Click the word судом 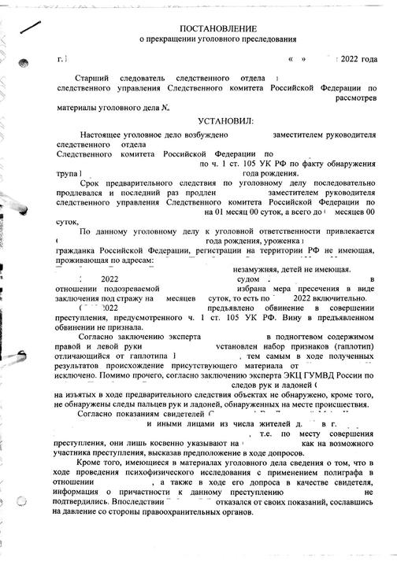pos(249,280)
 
